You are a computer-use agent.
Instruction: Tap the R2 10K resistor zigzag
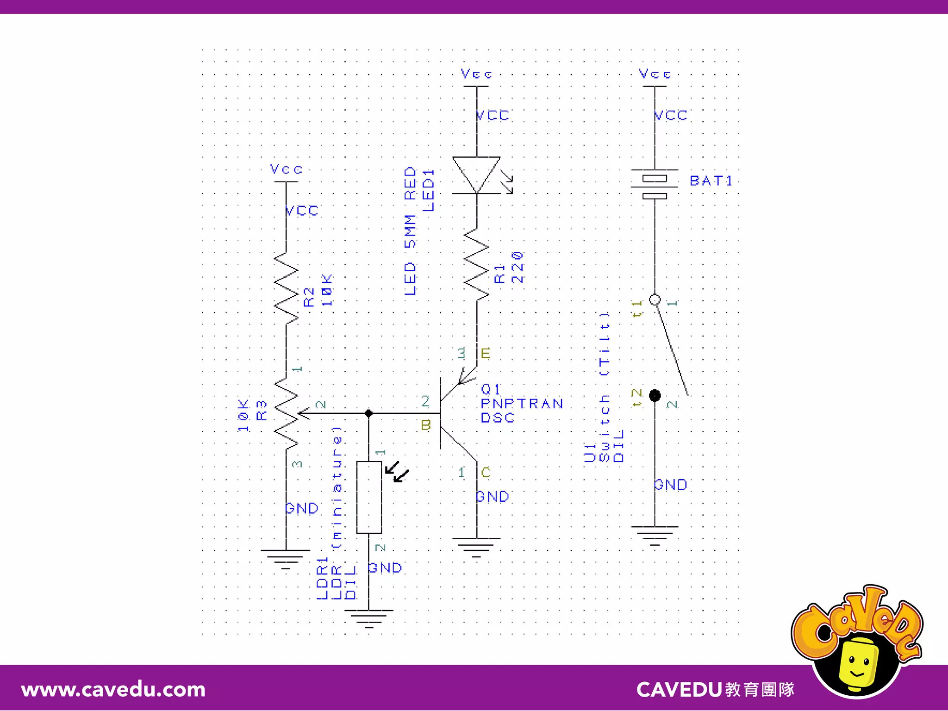pos(286,288)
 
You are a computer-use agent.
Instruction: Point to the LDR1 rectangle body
pos(369,497)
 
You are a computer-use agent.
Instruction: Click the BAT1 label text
pos(711,181)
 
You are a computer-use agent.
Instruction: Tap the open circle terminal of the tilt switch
pos(655,299)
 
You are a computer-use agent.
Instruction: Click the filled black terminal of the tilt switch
pos(655,395)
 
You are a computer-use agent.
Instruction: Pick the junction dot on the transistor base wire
pos(368,413)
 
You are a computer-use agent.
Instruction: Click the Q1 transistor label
pos(491,389)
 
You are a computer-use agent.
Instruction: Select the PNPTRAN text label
pos(521,404)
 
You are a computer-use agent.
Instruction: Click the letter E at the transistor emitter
pos(485,354)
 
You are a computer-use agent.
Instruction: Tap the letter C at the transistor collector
pos(486,472)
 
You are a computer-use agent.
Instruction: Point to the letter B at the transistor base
pos(426,425)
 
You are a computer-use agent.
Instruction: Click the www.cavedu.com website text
pos(113,690)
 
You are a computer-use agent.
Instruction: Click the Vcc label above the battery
pos(655,74)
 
